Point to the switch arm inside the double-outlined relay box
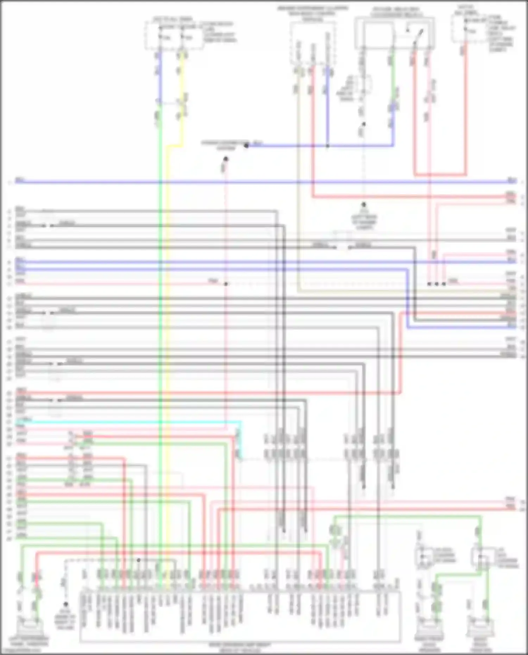coord(417,37)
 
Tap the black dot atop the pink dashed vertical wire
coord(226,159)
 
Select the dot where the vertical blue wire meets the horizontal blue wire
coord(327,145)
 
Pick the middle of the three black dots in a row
coord(436,284)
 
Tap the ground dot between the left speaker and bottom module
coord(66,604)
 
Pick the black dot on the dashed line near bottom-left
coord(138,560)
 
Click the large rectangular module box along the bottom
coord(239,616)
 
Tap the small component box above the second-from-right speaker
coord(425,556)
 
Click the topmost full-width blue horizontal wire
coord(264,182)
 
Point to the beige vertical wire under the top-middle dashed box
coord(298,176)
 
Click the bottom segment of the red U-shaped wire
coord(440,175)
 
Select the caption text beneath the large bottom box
coord(240,647)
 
